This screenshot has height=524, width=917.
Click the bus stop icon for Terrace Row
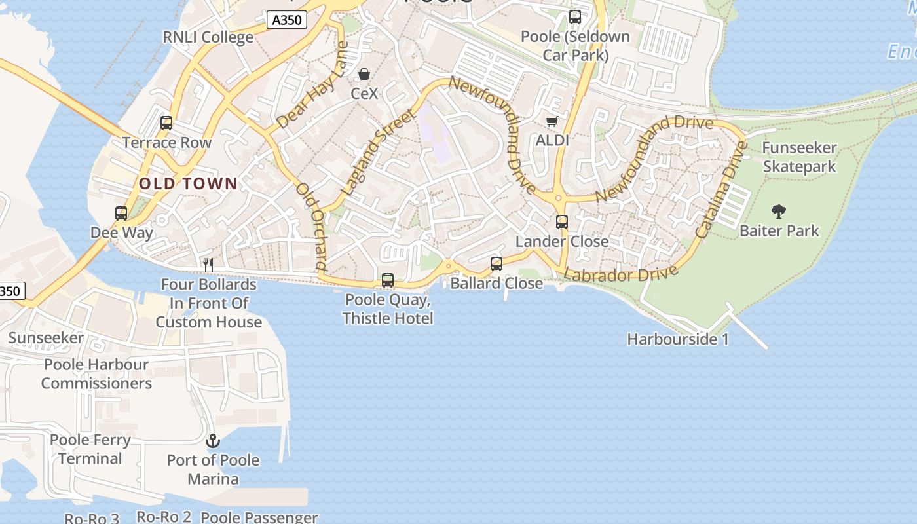point(166,123)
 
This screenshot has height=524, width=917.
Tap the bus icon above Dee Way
point(121,214)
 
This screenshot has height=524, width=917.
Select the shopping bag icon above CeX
point(364,75)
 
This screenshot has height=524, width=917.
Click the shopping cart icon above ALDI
point(552,121)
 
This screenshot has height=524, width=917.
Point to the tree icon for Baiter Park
point(779,212)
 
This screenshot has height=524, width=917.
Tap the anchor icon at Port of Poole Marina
point(213,441)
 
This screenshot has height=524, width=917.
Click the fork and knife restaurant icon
point(208,265)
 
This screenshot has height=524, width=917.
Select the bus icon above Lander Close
point(561,222)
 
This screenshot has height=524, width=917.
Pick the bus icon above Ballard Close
point(496,264)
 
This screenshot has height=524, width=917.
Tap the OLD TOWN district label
point(188,183)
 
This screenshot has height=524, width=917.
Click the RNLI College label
point(208,37)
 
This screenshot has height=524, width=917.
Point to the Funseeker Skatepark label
point(799,157)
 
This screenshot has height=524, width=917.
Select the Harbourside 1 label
point(678,339)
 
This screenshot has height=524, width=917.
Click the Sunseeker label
point(46,338)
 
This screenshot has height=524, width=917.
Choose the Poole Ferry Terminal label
point(90,449)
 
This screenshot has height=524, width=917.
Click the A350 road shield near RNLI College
point(287,20)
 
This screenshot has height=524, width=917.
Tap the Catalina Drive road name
point(720,190)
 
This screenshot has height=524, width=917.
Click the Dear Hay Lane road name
point(312,86)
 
